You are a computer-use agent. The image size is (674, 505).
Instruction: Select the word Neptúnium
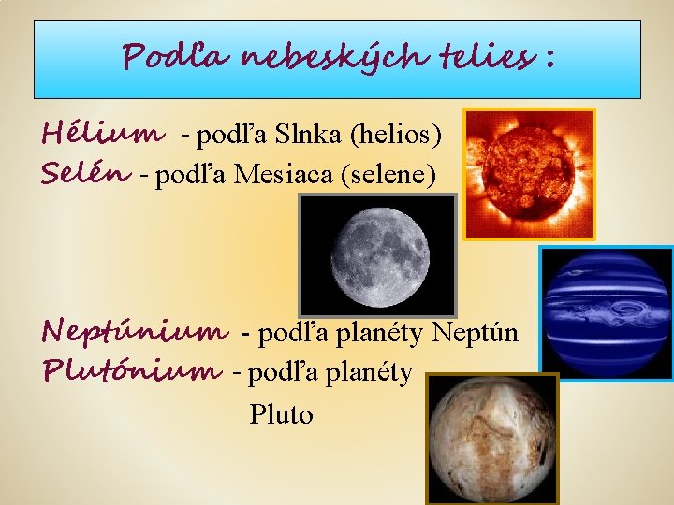tap(136, 332)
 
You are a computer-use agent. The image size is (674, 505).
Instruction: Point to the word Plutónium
tap(132, 372)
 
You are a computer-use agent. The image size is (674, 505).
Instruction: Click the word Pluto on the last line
tap(281, 414)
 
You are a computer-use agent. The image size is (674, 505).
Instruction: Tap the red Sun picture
tap(529, 174)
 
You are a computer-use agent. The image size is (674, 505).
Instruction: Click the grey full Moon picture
tap(376, 255)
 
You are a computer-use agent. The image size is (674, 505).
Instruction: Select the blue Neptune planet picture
tap(607, 313)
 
